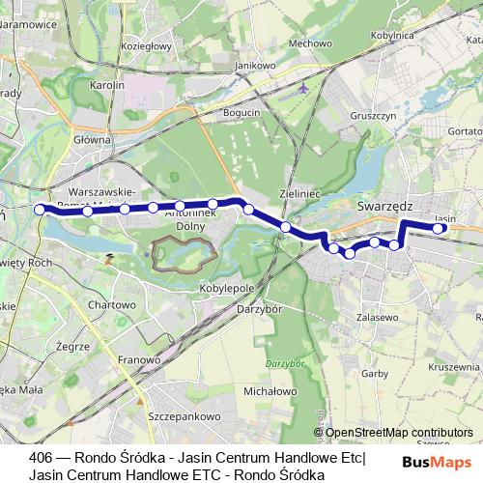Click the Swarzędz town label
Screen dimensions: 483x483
[384, 206]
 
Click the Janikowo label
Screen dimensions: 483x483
[248, 65]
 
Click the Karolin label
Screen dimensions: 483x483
[109, 85]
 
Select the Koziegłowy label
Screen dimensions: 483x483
[147, 45]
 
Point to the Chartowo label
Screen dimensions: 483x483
[112, 304]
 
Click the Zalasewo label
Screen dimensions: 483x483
[378, 316]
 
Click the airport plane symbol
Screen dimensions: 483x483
[305, 89]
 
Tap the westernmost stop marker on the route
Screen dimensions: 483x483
[40, 209]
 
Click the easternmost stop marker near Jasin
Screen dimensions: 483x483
[440, 229]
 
